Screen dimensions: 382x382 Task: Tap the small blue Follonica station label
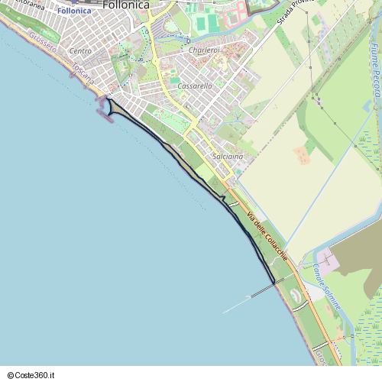[x=74, y=11]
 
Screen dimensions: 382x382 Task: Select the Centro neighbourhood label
[x=80, y=51]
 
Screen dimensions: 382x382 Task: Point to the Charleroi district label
[x=203, y=50]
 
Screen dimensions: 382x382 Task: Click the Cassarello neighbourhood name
[x=194, y=86]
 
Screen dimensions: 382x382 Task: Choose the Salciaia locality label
[x=228, y=156]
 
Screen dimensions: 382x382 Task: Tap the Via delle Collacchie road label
[x=261, y=228]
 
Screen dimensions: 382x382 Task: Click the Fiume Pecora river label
[x=374, y=70]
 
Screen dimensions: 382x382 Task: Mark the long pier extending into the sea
[x=248, y=298]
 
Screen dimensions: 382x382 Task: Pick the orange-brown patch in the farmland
[x=302, y=155]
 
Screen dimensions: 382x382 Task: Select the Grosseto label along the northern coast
[x=44, y=44]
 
